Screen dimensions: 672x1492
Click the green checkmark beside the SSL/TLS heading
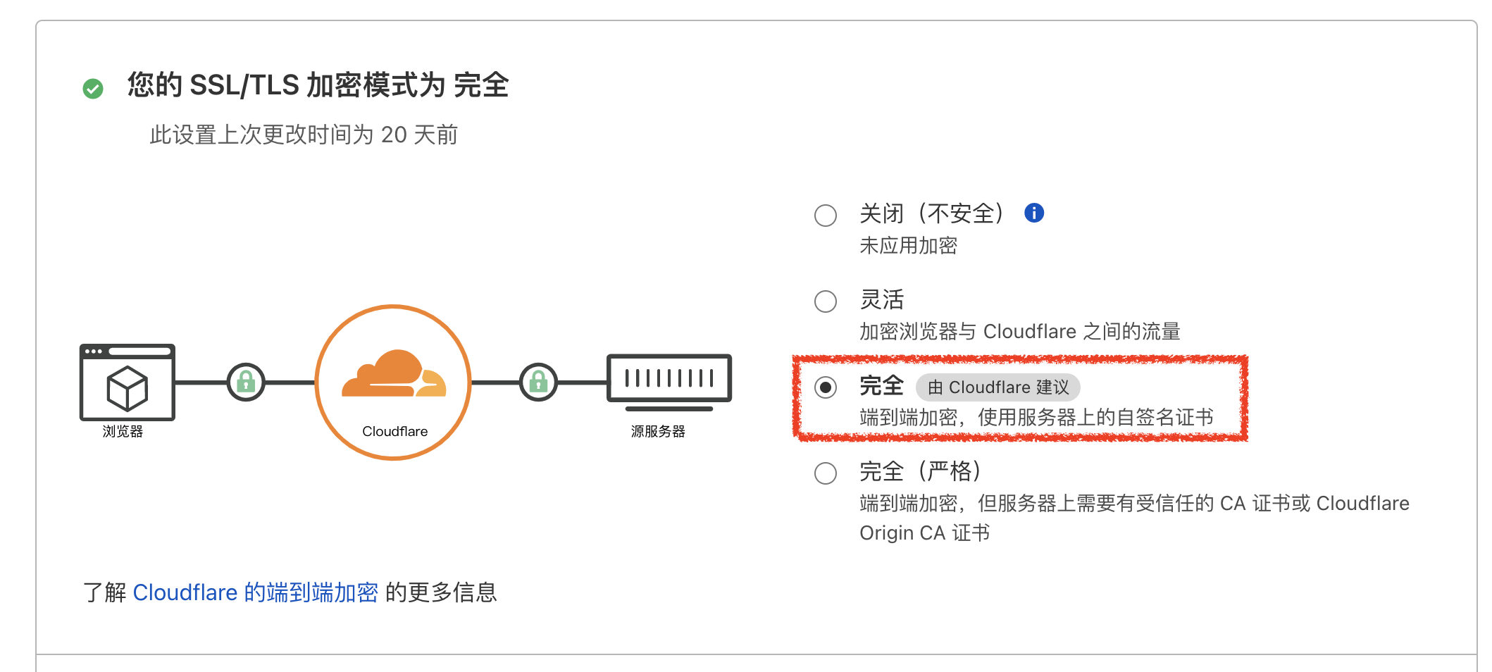[93, 89]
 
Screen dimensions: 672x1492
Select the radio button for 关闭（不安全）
[825, 215]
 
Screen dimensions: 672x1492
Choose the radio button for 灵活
[825, 301]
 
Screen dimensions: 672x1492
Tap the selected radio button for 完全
[825, 387]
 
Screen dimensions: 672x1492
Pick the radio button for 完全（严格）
[825, 473]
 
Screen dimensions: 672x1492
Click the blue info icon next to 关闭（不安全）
[1033, 213]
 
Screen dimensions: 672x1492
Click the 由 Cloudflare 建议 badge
[997, 387]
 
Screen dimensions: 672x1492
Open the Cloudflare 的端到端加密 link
[255, 592]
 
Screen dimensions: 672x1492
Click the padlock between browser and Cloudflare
[246, 382]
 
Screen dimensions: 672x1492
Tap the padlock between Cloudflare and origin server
[538, 382]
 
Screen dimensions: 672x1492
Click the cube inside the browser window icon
[128, 388]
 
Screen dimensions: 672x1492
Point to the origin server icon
[669, 380]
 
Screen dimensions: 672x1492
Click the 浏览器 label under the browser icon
[123, 431]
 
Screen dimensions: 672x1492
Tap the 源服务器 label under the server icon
[658, 431]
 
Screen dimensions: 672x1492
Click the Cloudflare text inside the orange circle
[394, 431]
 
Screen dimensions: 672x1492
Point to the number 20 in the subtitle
[394, 135]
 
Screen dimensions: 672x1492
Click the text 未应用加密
[908, 245]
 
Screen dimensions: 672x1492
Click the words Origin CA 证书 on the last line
[924, 533]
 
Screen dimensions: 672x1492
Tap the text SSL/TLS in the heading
[244, 85]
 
